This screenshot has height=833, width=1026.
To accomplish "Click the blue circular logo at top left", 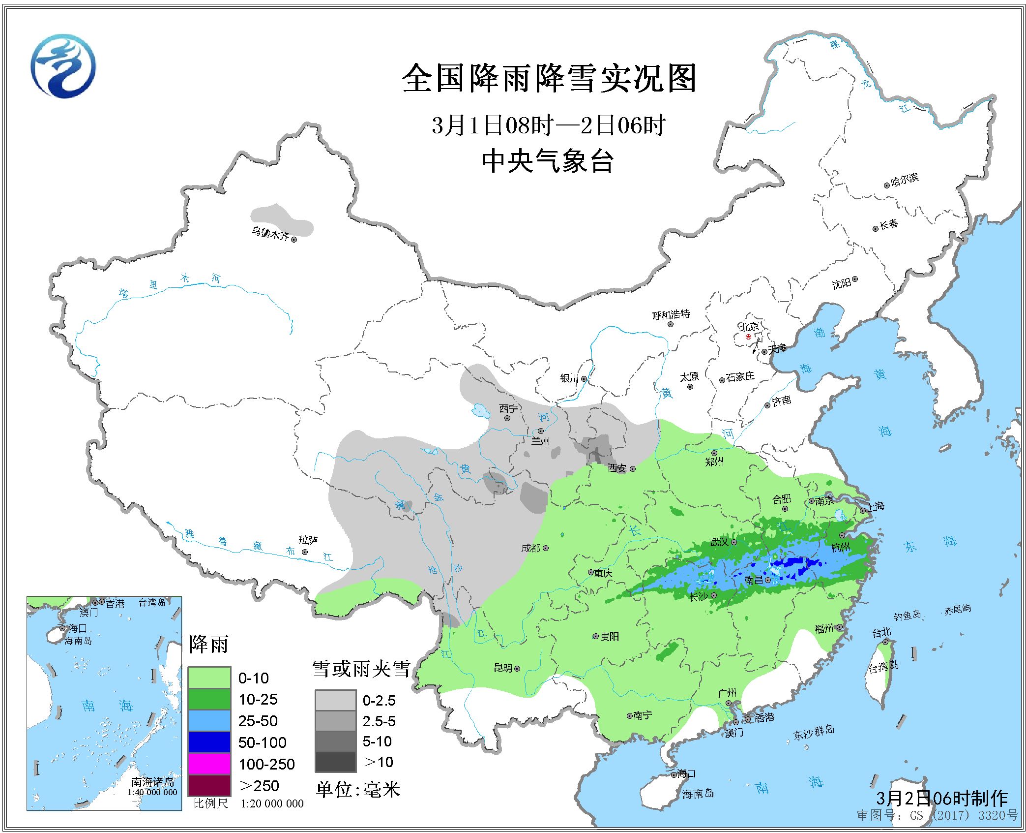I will tap(63, 66).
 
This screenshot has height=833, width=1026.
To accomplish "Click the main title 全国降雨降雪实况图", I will tap(549, 79).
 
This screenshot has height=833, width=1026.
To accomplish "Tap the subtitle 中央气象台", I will tap(548, 161).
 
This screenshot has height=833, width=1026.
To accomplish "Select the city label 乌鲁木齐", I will tap(270, 233).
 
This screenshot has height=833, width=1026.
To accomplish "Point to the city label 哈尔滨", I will tap(904, 180).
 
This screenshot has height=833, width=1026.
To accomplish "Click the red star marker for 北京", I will tap(748, 337).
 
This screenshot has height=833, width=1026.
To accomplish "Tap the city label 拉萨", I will tap(308, 540).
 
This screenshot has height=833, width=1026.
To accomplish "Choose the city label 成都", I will tap(530, 548).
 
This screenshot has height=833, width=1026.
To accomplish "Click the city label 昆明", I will tap(503, 668).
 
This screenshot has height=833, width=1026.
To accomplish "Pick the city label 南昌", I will tap(753, 580).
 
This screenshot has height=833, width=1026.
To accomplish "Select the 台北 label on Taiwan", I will tap(881, 633).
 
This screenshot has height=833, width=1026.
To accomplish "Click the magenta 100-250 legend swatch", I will tap(209, 764).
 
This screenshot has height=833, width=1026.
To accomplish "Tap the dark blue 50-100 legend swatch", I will tap(209, 742).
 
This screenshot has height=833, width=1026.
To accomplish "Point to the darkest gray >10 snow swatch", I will tap(335, 762).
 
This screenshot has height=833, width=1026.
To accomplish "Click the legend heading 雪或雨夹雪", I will tap(361, 669).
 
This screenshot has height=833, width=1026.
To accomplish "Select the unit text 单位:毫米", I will tap(358, 789).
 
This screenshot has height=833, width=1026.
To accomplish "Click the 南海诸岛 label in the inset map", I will tap(152, 782).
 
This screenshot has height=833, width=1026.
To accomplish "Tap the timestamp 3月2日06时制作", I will tap(941, 798).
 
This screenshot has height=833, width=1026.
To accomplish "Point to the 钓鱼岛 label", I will tap(907, 615).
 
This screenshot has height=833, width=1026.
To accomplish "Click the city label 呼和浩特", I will tap(671, 315).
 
